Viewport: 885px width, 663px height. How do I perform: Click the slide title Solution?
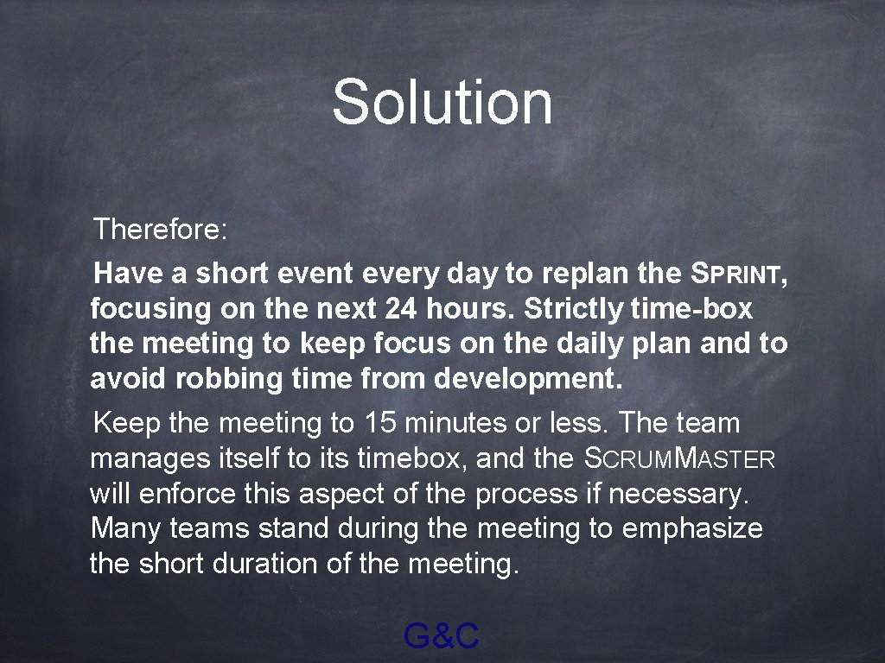pos(442,101)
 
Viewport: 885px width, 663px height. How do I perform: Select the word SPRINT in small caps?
pos(738,275)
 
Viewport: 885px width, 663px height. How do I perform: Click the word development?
pos(527,379)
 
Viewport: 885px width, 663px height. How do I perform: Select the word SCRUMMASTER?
pos(679,459)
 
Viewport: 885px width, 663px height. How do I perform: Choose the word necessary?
pos(678,494)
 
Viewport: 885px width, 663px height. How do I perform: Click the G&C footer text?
pos(441,637)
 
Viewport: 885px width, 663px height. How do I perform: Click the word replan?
pos(589,275)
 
